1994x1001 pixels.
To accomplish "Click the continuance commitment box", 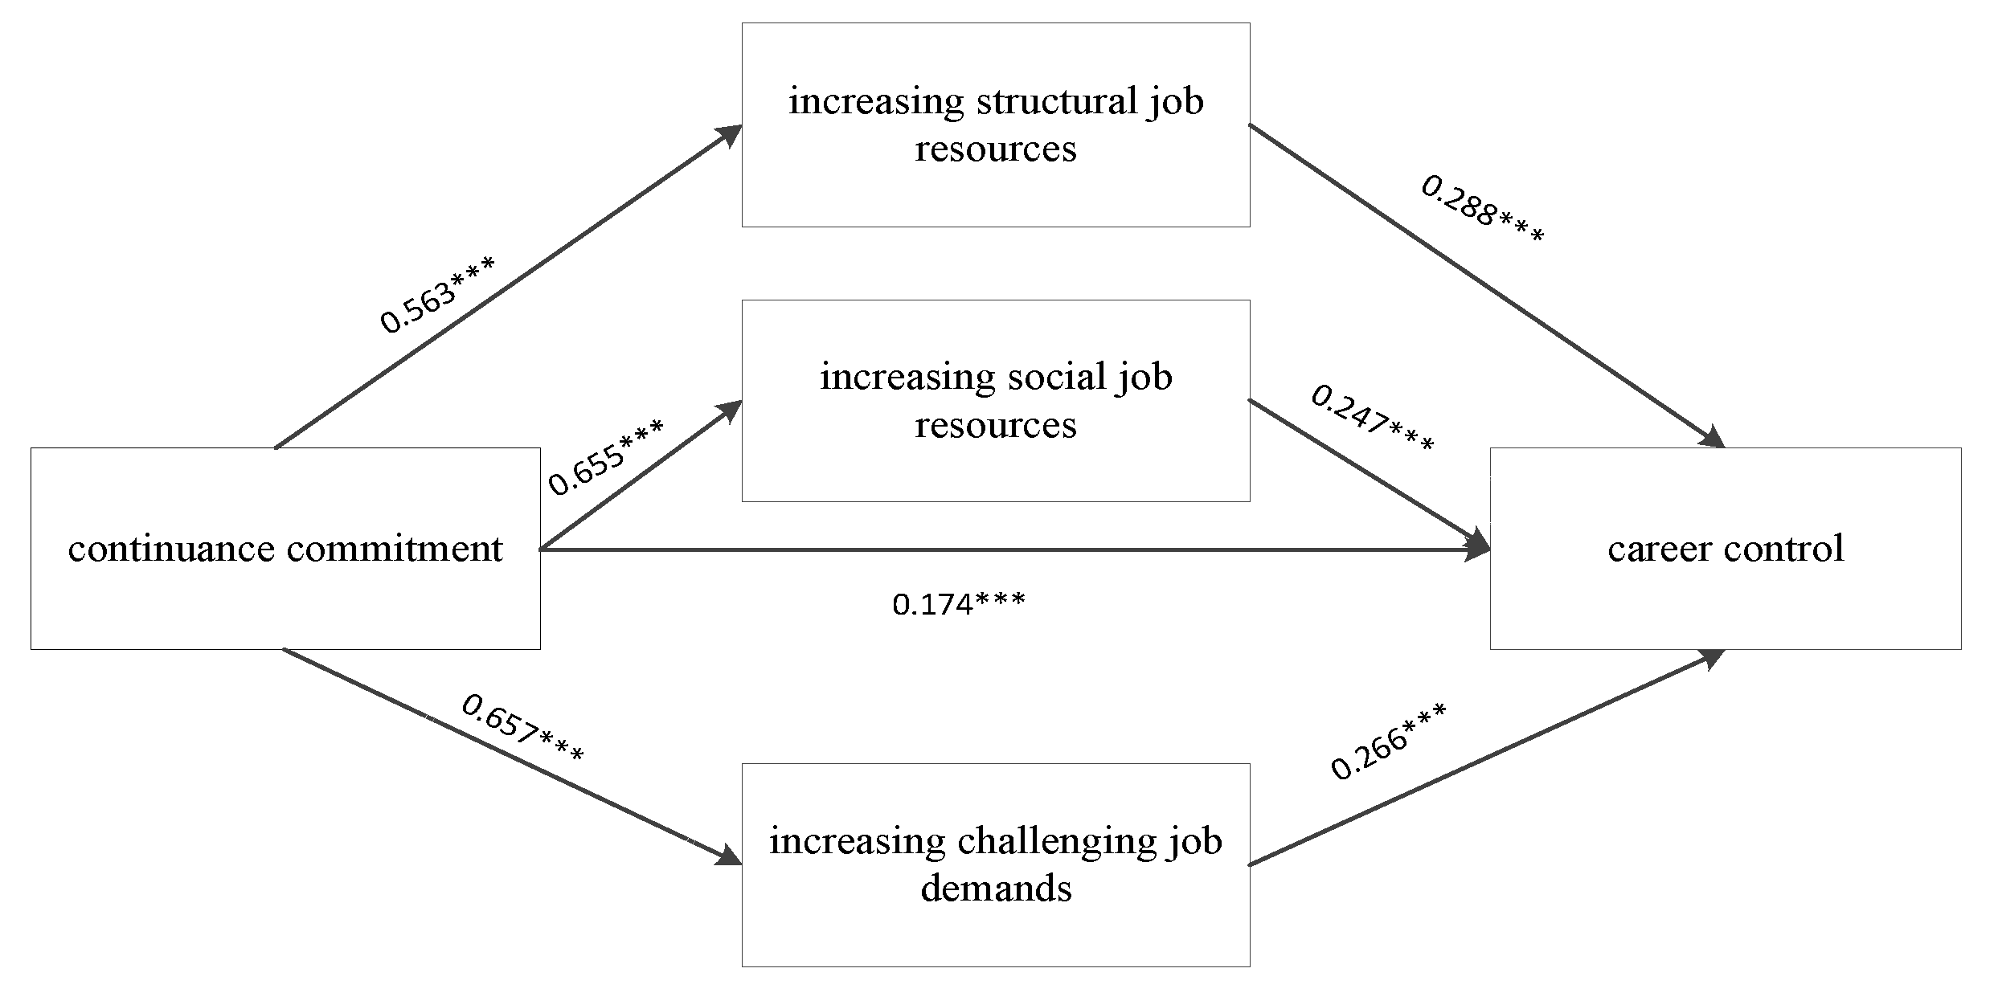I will [x=285, y=549].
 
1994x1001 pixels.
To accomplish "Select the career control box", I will [x=1725, y=549].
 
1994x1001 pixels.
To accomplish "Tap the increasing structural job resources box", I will [x=995, y=125].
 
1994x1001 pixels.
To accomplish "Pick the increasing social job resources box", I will [x=995, y=401].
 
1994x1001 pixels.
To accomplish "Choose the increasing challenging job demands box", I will [x=995, y=864].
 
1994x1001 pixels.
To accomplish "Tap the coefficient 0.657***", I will [x=522, y=729].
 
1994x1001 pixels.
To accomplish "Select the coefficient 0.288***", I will [x=1482, y=210].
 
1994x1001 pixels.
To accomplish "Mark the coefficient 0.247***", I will [x=1372, y=419].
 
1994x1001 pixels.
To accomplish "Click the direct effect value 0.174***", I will [x=958, y=603].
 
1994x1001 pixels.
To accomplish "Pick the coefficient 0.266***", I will [x=1388, y=741].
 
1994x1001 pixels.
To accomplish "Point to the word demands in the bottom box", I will [x=995, y=889].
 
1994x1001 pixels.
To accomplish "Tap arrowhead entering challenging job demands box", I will [x=730, y=856].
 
